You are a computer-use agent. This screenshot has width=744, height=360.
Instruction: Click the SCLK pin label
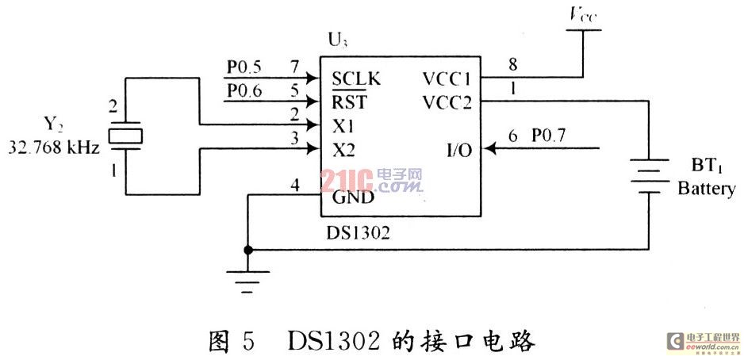[356, 79]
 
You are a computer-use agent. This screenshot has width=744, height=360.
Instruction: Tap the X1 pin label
[343, 125]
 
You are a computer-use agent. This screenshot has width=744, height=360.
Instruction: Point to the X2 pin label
[344, 149]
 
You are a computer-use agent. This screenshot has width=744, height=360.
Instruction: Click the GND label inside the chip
[353, 197]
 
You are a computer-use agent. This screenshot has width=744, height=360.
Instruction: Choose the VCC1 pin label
[447, 79]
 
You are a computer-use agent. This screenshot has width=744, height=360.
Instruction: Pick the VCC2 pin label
[447, 101]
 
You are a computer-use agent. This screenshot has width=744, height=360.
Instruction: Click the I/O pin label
[458, 149]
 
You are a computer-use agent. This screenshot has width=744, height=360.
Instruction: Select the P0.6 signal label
[244, 90]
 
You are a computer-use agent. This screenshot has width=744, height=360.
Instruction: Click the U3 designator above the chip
[336, 40]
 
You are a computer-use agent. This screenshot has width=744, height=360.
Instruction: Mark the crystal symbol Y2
[125, 136]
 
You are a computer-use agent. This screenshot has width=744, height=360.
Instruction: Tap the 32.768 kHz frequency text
[54, 147]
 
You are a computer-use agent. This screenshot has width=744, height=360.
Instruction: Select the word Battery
[706, 190]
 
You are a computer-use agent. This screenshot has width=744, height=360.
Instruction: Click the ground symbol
[248, 279]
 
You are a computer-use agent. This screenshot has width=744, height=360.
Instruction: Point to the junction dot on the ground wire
[248, 250]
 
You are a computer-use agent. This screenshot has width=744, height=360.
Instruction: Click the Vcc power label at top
[583, 14]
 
